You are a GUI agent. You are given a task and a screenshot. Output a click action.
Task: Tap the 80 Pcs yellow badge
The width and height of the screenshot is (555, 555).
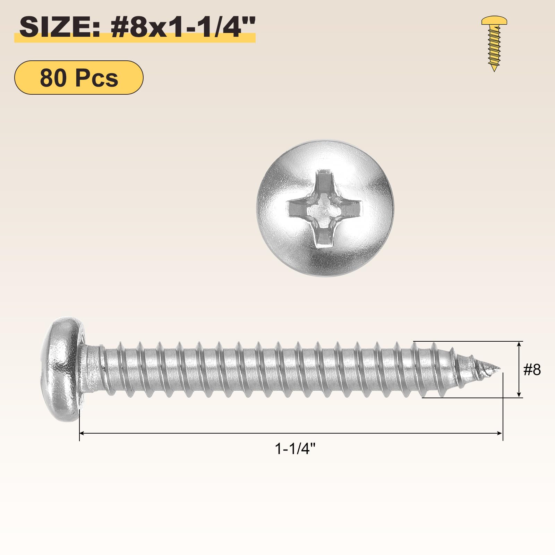click(79, 77)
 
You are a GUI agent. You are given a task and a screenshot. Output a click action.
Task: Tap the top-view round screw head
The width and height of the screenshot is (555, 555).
click(325, 208)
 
